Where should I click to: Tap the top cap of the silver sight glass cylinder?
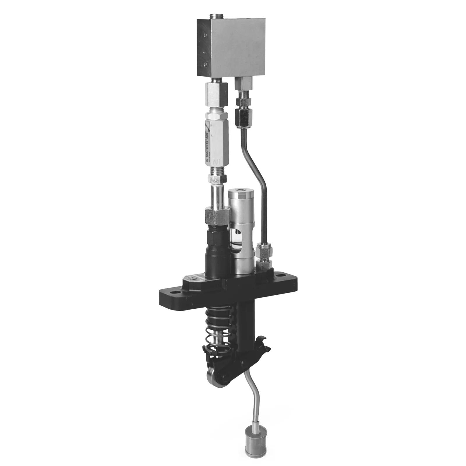[x=241, y=192]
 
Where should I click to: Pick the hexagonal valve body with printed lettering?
[x=216, y=140]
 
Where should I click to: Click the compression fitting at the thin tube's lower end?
[x=264, y=253]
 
